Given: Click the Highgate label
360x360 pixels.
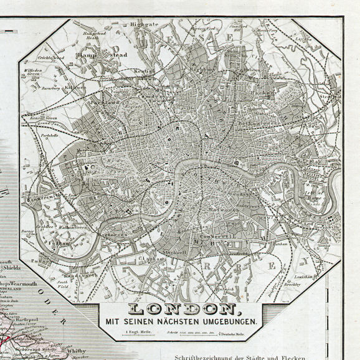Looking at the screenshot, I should tap(144, 24).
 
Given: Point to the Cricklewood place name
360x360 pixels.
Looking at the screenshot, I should tap(50, 58).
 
